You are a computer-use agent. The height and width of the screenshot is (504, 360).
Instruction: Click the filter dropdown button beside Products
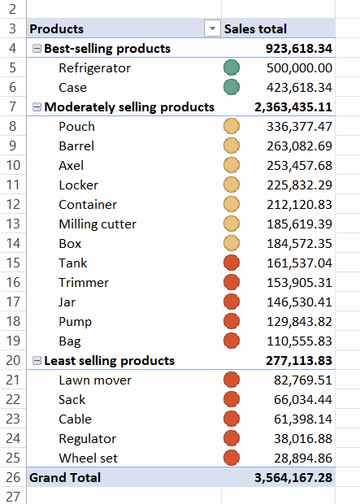point(212,28)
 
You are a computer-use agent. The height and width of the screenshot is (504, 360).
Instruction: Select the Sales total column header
point(255,29)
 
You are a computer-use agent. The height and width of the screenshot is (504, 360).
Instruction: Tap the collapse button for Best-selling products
point(37,49)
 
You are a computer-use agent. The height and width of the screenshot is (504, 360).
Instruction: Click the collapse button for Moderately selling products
point(37,107)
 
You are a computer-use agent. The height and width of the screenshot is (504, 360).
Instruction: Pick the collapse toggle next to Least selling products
point(37,361)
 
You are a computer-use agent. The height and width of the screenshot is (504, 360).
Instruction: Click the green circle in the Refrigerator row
point(232,67)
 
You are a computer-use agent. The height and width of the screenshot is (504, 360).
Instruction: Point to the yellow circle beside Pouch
point(232,126)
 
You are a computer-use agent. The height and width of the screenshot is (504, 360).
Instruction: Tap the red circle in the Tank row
point(232,263)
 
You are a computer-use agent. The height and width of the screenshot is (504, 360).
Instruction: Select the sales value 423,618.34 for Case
point(299,88)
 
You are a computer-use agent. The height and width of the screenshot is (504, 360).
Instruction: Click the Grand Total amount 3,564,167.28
point(293,478)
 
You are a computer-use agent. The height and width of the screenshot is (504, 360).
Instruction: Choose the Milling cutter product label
point(98,224)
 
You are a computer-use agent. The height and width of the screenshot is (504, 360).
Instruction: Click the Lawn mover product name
point(95,380)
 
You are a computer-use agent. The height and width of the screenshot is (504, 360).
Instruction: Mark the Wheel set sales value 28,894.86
point(303,458)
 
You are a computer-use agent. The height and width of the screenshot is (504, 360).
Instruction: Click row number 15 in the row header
point(13,263)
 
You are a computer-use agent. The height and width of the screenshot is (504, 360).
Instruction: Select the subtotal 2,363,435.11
point(293,107)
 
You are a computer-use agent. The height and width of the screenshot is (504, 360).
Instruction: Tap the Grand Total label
point(65,478)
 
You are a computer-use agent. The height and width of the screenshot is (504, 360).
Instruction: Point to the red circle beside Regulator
point(232,438)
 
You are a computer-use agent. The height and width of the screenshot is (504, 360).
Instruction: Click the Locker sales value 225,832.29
point(299,185)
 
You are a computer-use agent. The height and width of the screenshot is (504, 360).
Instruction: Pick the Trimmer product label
point(84,283)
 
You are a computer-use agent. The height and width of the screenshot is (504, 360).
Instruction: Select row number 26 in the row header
point(13,478)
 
